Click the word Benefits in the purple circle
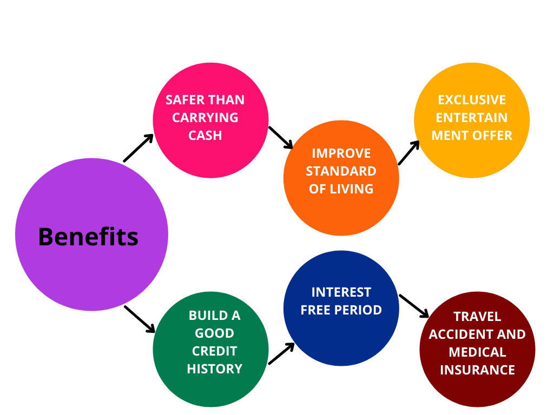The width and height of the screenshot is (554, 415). point(88,237)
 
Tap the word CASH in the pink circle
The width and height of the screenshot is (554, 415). point(205,136)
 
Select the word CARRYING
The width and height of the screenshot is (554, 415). point(205,117)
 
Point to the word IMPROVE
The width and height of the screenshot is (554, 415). point(341,153)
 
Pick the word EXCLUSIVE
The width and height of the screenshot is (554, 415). point(472,100)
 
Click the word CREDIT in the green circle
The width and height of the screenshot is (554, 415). point(214,351)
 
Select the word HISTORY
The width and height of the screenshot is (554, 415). point(214,369)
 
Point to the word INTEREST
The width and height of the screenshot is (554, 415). point(341,292)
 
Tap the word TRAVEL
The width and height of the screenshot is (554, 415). point(477,317)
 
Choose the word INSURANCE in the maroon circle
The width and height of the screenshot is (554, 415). point(477,370)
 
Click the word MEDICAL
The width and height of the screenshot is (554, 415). point(477,352)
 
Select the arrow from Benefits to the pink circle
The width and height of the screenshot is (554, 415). point(138,148)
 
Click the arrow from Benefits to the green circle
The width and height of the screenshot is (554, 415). point(140,319)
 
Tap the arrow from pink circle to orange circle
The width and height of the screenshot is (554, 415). point(281,138)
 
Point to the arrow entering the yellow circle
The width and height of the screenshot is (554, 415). point(409,153)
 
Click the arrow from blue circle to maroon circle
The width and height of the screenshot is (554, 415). point(414,306)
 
